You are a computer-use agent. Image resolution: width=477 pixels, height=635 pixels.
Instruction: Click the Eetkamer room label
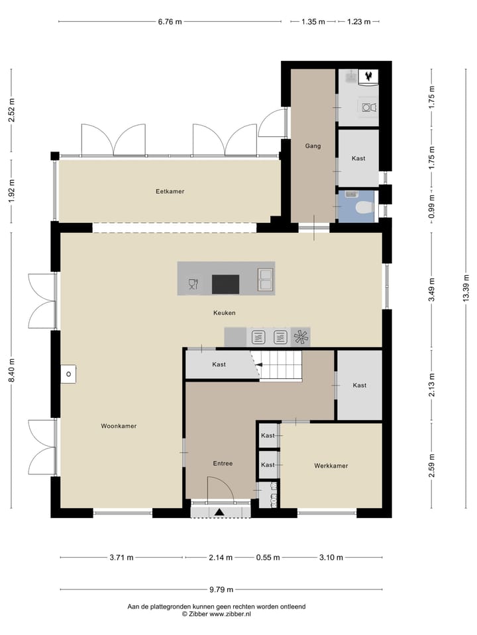pyautogui.click(x=170, y=191)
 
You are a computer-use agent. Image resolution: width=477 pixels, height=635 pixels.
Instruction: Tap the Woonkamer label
pyautogui.click(x=119, y=426)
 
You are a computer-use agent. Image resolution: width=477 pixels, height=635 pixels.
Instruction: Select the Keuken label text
pyautogui.click(x=225, y=313)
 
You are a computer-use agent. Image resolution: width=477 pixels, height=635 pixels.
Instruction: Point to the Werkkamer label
pyautogui.click(x=331, y=466)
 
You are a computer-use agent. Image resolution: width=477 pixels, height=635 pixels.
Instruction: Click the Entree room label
pyautogui.click(x=223, y=464)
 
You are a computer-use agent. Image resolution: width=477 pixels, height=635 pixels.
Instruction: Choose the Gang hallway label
pyautogui.click(x=313, y=146)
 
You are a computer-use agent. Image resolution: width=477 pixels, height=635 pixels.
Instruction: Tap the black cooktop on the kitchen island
pyautogui.click(x=225, y=284)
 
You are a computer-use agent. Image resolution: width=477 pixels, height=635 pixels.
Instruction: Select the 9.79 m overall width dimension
pyautogui.click(x=222, y=589)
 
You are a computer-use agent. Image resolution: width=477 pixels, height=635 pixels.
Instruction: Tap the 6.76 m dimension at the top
pyautogui.click(x=169, y=22)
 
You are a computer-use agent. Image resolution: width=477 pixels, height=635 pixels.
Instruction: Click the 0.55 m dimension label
pyautogui.click(x=268, y=558)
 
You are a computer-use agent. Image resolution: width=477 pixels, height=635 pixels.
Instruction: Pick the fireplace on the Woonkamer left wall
pyautogui.click(x=69, y=374)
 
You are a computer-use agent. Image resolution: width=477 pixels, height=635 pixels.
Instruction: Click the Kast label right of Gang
pyautogui.click(x=358, y=159)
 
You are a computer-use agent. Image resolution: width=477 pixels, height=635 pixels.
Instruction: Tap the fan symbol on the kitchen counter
pyautogui.click(x=301, y=337)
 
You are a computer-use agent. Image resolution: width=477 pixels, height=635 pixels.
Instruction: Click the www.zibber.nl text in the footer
pyautogui.click(x=230, y=614)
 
